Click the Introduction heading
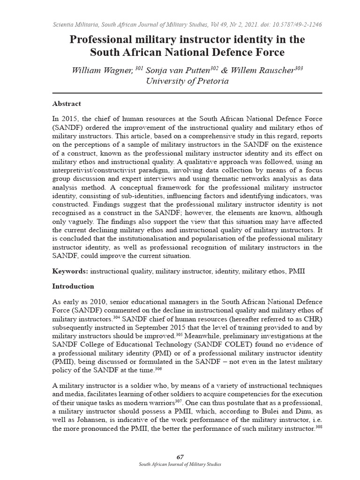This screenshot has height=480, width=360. (x=73, y=286)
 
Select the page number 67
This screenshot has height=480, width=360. (x=180, y=457)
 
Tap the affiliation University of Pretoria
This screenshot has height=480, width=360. (x=180, y=81)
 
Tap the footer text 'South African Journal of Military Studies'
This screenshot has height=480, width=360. (x=180, y=465)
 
